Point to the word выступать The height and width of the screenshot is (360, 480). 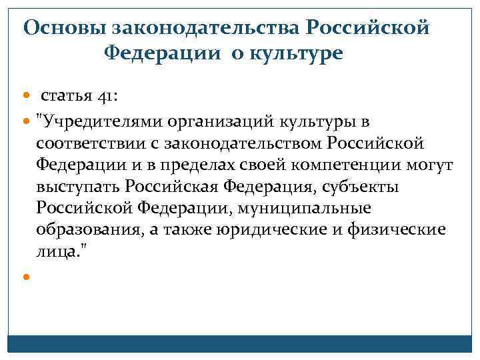[x=79, y=187]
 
